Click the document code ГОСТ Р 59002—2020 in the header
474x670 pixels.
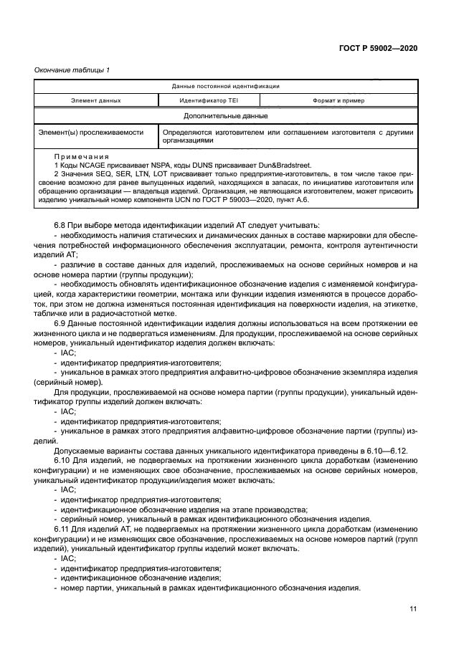378,47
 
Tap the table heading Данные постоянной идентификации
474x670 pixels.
226,86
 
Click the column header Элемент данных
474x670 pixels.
95,100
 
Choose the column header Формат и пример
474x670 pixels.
338,100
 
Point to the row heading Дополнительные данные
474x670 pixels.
226,115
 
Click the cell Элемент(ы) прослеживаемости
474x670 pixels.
90,133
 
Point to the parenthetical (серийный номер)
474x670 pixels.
69,382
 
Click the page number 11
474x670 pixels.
413,610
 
